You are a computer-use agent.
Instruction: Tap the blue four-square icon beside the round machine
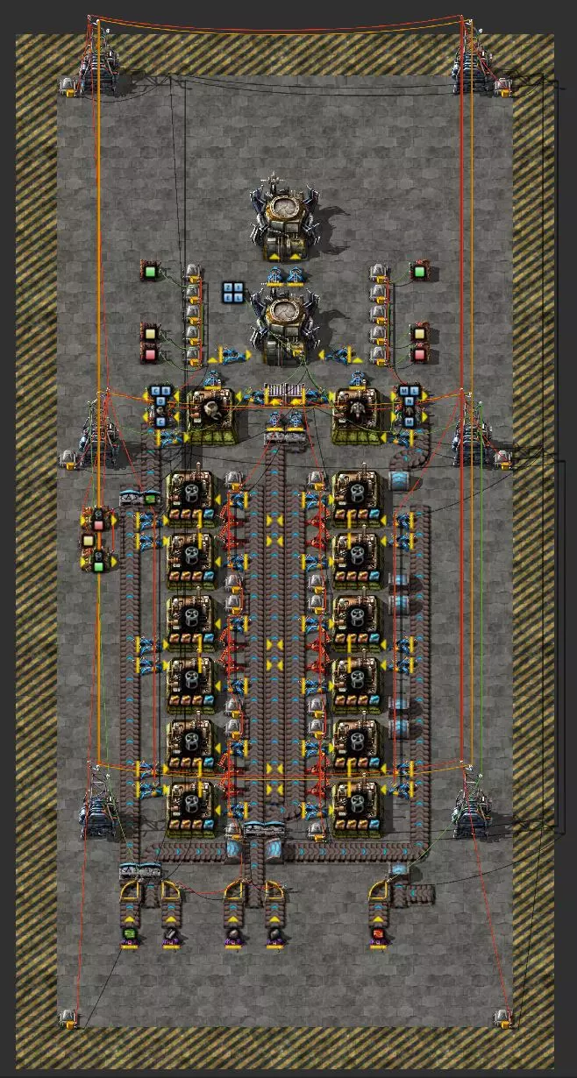point(233,293)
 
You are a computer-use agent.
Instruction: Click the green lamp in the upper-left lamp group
point(150,272)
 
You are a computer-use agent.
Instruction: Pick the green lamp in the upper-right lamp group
point(419,272)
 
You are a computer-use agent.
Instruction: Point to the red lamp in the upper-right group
point(419,354)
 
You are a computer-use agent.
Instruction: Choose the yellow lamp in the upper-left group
point(150,334)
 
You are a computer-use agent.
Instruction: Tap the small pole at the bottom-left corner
point(67,1018)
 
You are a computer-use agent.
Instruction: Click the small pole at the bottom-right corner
point(502,1018)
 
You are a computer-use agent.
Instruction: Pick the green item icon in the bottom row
point(129,935)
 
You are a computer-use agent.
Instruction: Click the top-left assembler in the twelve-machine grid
point(191,495)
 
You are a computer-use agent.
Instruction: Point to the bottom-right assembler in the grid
point(356,805)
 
